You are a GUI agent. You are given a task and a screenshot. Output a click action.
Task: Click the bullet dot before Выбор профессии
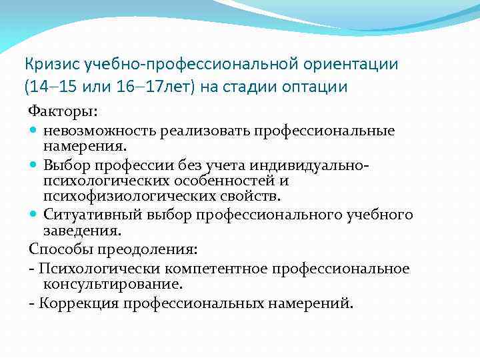33,165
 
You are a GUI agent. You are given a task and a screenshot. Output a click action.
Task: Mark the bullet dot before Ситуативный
33,215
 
